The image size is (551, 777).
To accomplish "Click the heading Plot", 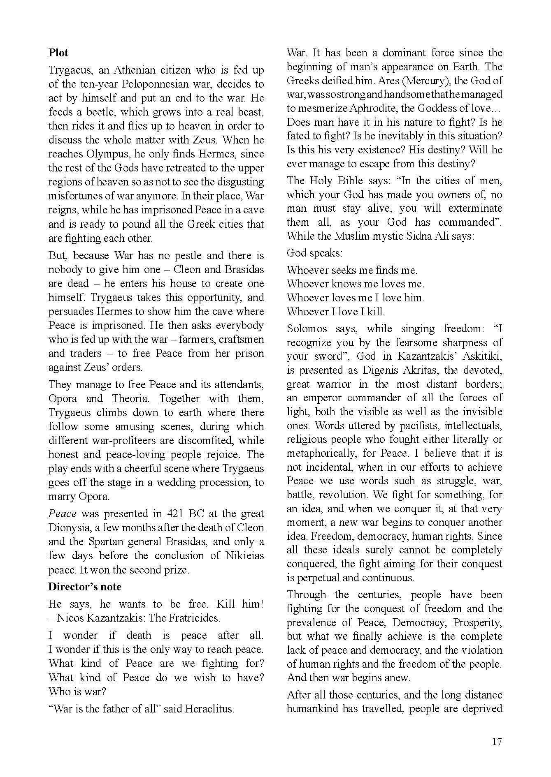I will coord(58,53).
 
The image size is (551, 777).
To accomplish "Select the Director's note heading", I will coord(85,587).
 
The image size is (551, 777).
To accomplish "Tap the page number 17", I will coord(497,741).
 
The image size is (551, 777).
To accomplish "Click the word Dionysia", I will coord(68,527).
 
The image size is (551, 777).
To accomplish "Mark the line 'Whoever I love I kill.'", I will coord(336,312).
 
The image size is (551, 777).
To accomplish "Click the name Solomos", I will coord(307,328).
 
